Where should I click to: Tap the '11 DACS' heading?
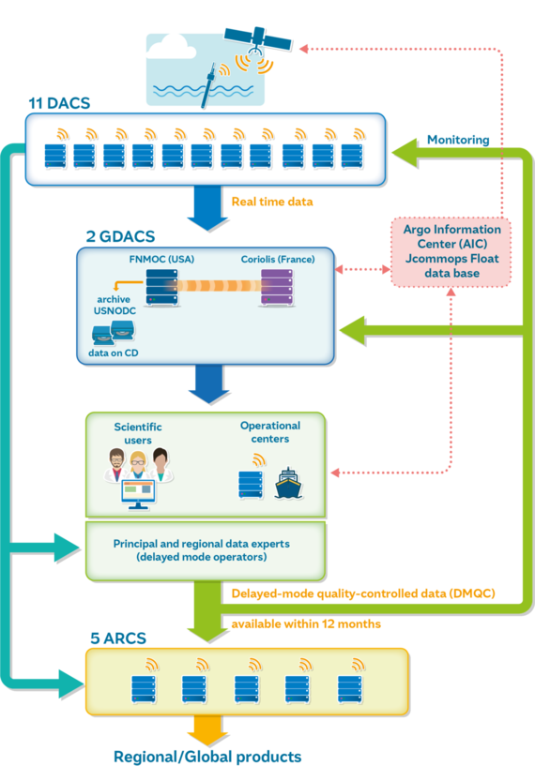coord(60,103)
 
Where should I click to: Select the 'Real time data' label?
coord(272,202)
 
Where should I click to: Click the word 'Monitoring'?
coord(458,140)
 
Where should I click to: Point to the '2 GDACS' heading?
coord(120,236)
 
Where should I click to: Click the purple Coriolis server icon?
coord(277,287)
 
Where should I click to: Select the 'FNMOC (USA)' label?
coord(161,259)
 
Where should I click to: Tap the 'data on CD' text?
coord(114,353)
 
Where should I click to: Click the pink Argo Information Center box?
coord(451,251)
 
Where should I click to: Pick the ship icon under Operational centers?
coord(288,484)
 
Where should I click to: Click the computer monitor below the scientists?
coord(138,494)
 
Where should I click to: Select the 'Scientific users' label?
coord(138,433)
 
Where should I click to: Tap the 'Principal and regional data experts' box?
coord(206,551)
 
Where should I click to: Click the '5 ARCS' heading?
coord(118,638)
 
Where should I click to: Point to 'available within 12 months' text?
coord(306,623)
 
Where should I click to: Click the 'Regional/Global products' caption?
coord(207,757)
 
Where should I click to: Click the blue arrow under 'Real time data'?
coord(207,208)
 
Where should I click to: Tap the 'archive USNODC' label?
coord(115,305)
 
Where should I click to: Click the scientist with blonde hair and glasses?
coord(137,465)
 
